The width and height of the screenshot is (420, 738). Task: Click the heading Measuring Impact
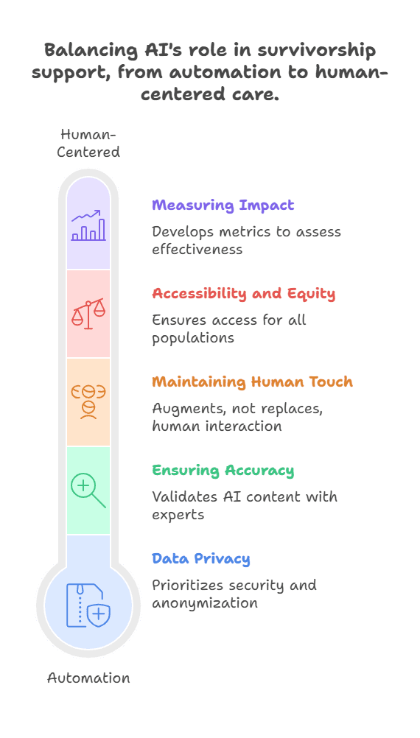pos(223,205)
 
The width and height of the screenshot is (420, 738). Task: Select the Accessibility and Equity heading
pos(243,294)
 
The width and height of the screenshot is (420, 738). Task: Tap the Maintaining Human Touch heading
pos(252,382)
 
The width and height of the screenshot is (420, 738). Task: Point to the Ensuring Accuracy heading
pos(223,470)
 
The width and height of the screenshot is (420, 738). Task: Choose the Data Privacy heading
pos(200,559)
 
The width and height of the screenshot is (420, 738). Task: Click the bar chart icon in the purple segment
pos(88,225)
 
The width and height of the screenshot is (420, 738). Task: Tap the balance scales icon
pos(88,313)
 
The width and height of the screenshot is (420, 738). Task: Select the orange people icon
pos(88,402)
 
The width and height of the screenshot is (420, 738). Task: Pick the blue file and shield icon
pos(88,605)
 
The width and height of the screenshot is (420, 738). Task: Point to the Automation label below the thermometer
pos(88,678)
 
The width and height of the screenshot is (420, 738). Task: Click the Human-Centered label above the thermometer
pos(88,143)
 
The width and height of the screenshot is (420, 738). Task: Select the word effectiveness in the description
pos(197,248)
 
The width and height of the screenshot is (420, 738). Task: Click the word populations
pos(193,338)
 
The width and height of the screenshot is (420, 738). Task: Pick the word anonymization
pos(205,603)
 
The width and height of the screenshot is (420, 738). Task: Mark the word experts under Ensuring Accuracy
pos(178,515)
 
